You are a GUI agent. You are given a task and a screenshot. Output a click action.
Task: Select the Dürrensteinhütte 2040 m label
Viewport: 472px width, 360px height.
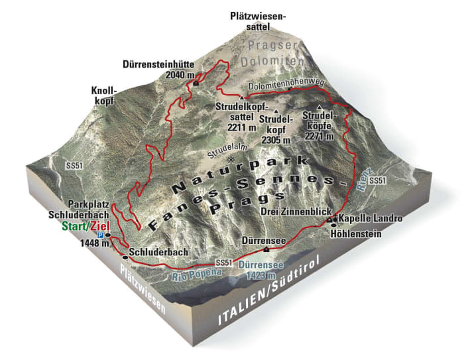pos(159,70)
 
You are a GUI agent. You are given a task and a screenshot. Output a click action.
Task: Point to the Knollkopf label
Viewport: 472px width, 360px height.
pos(105,95)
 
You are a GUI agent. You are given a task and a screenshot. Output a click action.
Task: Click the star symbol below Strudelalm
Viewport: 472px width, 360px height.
pos(231,162)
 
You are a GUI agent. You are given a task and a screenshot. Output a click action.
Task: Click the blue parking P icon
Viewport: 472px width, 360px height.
pos(101,234)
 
